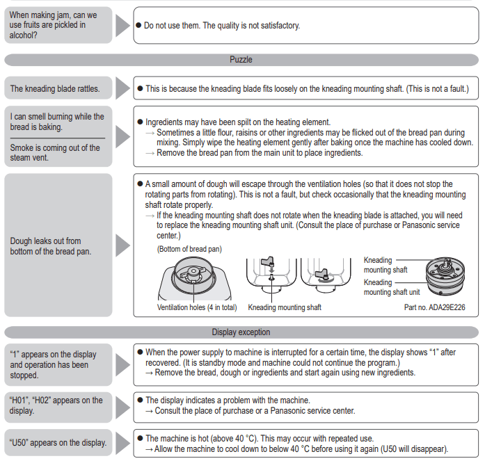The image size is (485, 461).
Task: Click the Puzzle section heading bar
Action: point(241,60)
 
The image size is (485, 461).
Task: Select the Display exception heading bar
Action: point(241,332)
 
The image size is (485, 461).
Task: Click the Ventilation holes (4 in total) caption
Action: point(197,307)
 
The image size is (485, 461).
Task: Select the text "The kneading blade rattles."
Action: point(55,88)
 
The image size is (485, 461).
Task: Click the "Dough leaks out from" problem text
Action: point(46,241)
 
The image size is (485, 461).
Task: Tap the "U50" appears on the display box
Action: point(58,442)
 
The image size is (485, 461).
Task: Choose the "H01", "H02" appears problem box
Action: point(58,405)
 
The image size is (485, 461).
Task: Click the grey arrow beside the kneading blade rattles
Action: point(122,88)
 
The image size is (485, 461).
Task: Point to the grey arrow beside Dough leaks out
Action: point(122,245)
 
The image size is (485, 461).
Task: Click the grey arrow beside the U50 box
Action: point(122,443)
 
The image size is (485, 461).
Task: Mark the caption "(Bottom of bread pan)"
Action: point(189,249)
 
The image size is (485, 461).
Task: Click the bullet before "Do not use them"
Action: point(138,26)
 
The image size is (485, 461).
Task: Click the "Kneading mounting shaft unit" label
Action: point(391,287)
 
